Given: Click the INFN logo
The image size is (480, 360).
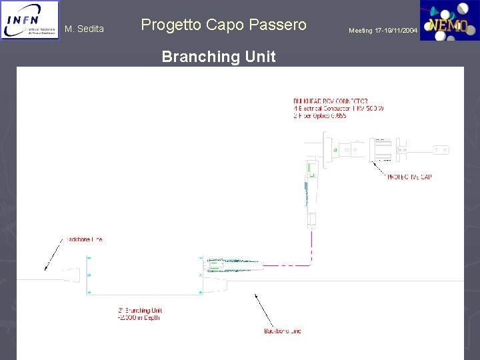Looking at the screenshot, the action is click(29, 21).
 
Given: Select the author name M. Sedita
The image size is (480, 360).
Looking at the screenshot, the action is click(84, 29).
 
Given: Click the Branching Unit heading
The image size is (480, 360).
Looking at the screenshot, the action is click(219, 57).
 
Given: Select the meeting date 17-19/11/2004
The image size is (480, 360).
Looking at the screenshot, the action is click(383, 31).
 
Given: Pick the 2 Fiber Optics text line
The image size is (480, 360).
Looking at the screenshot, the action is click(320, 115).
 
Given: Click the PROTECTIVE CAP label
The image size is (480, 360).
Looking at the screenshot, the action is click(409, 177).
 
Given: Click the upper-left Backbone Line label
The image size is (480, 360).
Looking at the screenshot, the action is click(84, 239).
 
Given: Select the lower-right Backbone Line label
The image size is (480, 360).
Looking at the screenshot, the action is click(283, 331).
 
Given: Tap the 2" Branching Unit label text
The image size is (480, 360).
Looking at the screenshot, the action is click(140, 310).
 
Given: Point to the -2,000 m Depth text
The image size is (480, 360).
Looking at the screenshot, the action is click(139, 317).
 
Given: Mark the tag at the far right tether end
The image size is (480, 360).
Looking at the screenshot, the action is click(440, 149).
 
